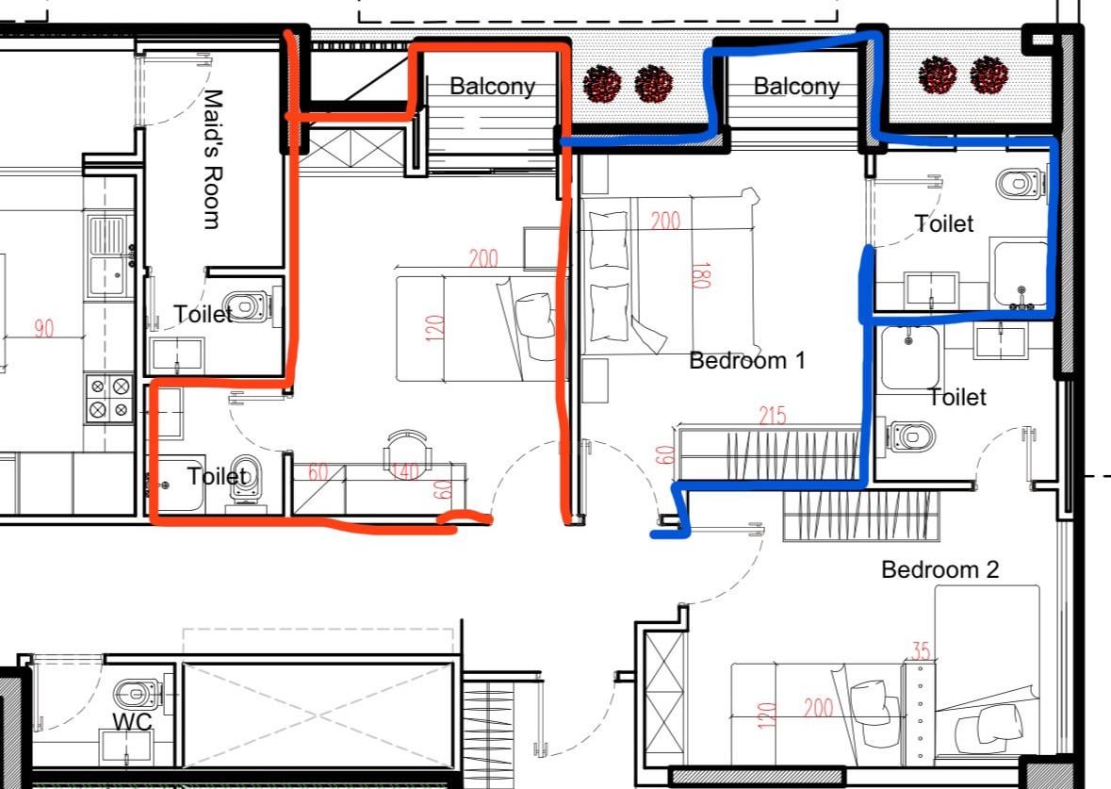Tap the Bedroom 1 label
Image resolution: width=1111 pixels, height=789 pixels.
[747, 360]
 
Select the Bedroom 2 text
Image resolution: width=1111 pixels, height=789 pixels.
[940, 569]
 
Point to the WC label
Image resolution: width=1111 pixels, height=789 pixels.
[132, 722]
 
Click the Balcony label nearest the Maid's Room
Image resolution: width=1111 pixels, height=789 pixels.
[492, 87]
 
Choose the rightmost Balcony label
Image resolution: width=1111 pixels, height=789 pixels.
[796, 87]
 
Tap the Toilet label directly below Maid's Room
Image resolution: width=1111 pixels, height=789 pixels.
[203, 313]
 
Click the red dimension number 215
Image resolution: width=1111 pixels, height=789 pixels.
[773, 415]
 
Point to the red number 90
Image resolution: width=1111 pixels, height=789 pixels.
[44, 328]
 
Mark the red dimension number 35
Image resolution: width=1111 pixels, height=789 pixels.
[921, 650]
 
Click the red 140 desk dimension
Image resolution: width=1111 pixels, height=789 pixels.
[405, 470]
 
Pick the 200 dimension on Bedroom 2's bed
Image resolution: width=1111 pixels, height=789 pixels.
[818, 707]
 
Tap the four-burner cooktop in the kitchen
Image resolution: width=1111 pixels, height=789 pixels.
[110, 398]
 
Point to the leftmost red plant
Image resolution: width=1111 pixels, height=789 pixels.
[602, 84]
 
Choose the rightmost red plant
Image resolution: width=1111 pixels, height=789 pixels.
[989, 75]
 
